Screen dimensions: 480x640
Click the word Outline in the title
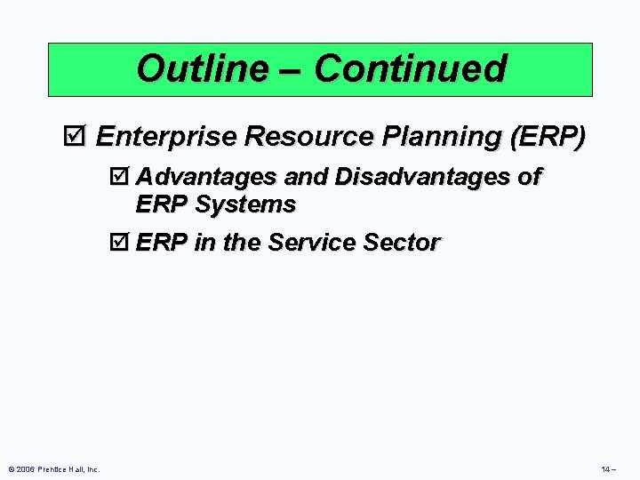202,68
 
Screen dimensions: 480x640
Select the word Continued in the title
410,68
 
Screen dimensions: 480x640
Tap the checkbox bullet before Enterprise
78,137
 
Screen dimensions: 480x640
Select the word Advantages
208,178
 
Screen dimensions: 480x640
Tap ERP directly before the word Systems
162,204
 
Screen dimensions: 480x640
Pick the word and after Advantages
308,178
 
